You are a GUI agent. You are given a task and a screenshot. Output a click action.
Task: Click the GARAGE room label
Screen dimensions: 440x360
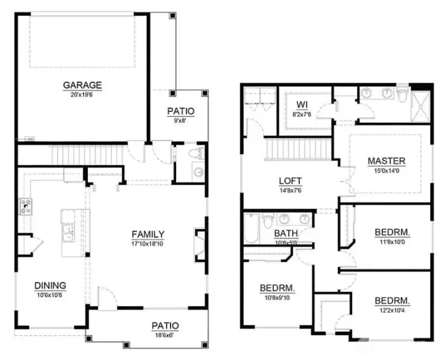coord(82,85)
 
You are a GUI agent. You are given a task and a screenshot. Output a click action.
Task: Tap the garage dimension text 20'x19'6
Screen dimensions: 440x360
coord(82,95)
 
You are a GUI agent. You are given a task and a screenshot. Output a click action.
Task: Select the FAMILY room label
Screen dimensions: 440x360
coord(148,234)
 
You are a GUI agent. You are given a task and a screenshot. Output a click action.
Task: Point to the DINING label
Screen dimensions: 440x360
coord(50,285)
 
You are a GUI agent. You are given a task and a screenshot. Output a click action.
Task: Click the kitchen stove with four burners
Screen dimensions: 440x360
coord(26,207)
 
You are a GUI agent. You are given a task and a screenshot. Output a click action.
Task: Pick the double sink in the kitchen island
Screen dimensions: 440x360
coord(68,233)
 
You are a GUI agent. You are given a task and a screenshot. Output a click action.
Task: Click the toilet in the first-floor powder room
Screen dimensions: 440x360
coord(196,153)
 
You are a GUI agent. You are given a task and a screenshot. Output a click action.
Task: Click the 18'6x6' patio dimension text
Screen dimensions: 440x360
coord(165,335)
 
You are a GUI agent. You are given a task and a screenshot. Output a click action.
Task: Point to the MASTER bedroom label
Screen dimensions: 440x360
coord(386,161)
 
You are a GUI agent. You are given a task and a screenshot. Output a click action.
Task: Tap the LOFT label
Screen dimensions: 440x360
coord(290,181)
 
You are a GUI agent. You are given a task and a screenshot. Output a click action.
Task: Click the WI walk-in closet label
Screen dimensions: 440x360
coord(302,105)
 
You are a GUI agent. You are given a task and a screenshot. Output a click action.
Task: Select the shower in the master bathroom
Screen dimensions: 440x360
coord(420,106)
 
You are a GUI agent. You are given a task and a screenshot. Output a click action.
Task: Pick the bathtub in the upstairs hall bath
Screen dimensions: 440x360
coord(251,229)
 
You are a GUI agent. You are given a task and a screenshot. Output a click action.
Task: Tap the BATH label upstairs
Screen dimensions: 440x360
coord(285,233)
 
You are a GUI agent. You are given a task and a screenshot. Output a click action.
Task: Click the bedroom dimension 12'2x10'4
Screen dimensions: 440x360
coord(392,310)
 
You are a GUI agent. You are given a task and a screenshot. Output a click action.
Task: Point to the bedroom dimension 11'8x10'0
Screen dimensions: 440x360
coord(392,242)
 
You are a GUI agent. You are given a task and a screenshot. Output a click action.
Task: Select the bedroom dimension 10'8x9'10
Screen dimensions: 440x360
coord(277,298)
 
